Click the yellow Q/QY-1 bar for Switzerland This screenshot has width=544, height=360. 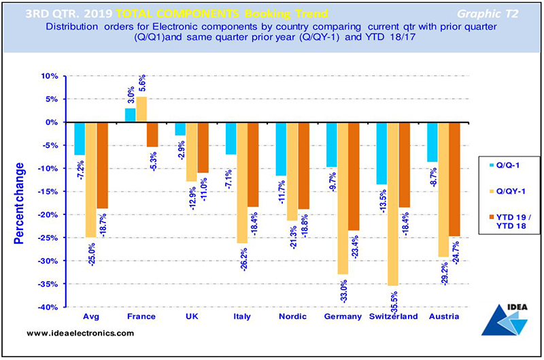pyautogui.click(x=393, y=203)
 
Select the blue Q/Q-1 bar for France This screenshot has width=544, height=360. pyautogui.click(x=131, y=115)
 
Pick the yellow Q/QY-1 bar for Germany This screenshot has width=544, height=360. pyautogui.click(x=343, y=197)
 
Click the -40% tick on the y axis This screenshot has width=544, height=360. pyautogui.click(x=47, y=308)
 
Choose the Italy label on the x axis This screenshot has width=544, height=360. pyautogui.click(x=241, y=318)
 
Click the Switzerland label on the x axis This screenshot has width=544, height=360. pyautogui.click(x=393, y=318)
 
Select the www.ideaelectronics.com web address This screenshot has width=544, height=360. pyautogui.click(x=82, y=334)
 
